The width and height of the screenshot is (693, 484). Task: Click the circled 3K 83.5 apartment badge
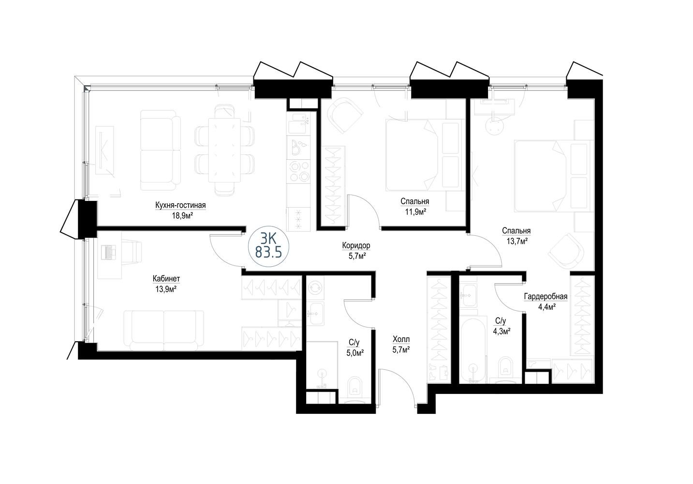(x=268, y=246)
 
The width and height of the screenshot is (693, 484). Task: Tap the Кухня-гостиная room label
(x=180, y=205)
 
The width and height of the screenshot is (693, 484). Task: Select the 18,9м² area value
(x=182, y=216)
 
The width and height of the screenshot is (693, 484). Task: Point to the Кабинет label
(x=166, y=279)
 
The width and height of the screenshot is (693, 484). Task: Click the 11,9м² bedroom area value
(x=415, y=212)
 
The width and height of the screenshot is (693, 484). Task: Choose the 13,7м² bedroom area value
(x=516, y=241)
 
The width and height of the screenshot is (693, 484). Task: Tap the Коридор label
(x=356, y=245)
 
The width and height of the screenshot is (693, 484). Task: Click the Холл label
(x=401, y=339)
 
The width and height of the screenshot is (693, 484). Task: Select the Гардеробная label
(x=546, y=297)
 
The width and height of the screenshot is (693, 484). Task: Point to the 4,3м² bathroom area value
(x=501, y=331)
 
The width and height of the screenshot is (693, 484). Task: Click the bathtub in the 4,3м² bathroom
(x=473, y=350)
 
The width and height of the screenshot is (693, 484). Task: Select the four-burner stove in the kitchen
(x=298, y=171)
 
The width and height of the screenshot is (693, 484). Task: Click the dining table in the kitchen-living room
(x=224, y=151)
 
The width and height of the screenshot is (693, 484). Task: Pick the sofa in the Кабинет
(x=163, y=331)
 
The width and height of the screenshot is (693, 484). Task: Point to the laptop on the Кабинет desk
(x=108, y=252)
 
